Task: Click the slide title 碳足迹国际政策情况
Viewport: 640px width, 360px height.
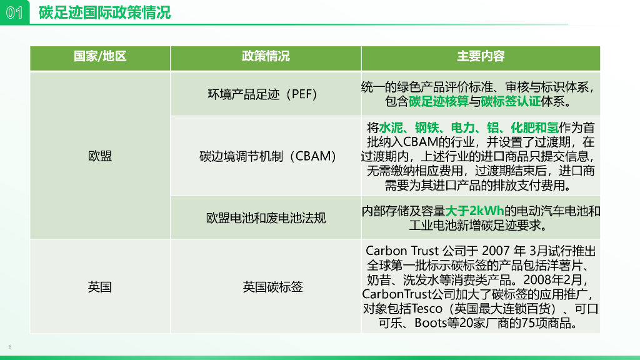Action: pos(104,12)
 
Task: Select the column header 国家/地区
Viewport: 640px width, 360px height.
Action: pos(100,57)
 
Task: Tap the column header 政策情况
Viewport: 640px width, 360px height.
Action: pos(266,57)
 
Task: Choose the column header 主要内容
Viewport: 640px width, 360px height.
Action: pos(480,57)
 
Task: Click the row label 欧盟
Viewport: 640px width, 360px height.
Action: pos(100,156)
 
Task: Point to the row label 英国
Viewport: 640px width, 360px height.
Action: pos(100,287)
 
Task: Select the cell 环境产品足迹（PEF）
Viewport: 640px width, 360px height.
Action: pos(263,94)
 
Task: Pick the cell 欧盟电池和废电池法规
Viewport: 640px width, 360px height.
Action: pos(266,218)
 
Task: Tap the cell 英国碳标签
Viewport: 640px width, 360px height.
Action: pos(272,287)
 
